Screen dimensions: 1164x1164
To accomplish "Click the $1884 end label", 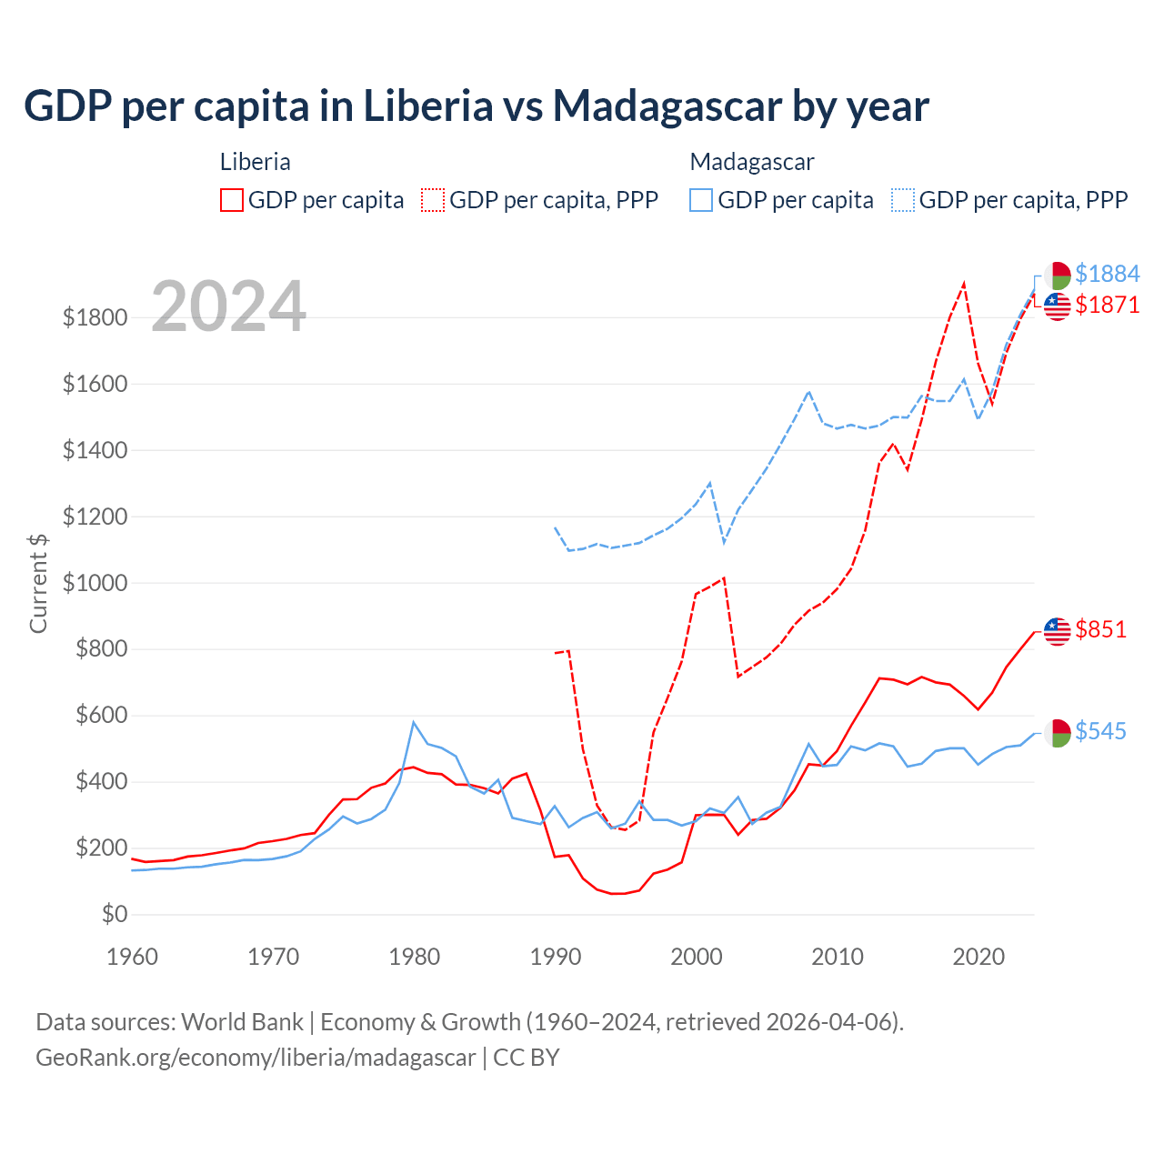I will pos(1107,274).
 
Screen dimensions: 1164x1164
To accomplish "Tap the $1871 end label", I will pos(1107,305).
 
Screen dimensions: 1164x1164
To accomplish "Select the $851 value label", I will pos(1100,629).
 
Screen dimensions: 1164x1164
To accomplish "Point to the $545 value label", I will pos(1100,731).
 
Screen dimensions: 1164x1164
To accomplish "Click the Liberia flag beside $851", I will pos(1057,630).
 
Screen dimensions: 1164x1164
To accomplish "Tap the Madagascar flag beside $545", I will pos(1057,732).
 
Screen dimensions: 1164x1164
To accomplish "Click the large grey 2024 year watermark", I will pos(228,306).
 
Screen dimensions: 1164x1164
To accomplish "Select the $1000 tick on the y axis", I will pos(95,583).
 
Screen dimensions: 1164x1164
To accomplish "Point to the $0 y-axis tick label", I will pos(114,914).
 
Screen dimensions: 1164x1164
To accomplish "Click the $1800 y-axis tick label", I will pos(95,317).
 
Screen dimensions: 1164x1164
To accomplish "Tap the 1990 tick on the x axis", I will pos(556,957).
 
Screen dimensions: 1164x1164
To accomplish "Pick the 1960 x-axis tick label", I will pos(133,957).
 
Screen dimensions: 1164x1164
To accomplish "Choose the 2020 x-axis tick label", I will pos(978,957).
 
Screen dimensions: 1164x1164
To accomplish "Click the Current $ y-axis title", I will pos(38,583).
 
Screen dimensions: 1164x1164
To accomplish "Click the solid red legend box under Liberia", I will pos(232,200).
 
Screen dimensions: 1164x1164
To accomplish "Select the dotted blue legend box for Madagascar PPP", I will pos(903,200).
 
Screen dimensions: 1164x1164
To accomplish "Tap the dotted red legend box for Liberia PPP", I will pos(433,200).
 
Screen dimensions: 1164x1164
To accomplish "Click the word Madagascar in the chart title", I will pos(667,105).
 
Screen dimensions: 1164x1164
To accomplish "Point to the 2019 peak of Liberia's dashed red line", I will pos(964,283).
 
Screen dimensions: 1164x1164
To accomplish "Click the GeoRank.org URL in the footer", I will pos(256,1058).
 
